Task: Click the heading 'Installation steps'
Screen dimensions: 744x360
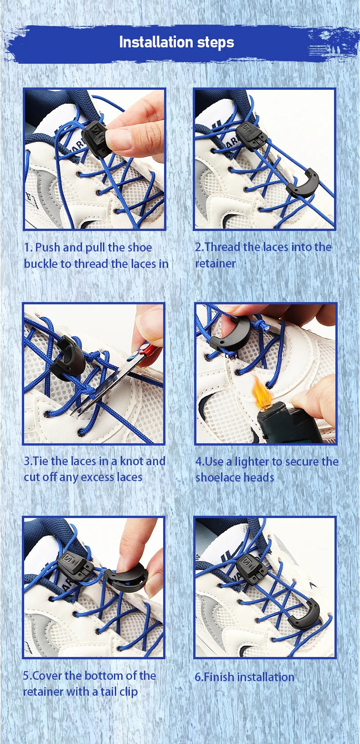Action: click(x=176, y=42)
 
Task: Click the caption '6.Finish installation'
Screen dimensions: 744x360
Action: click(x=244, y=677)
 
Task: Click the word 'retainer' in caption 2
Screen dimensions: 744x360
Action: click(x=216, y=263)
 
